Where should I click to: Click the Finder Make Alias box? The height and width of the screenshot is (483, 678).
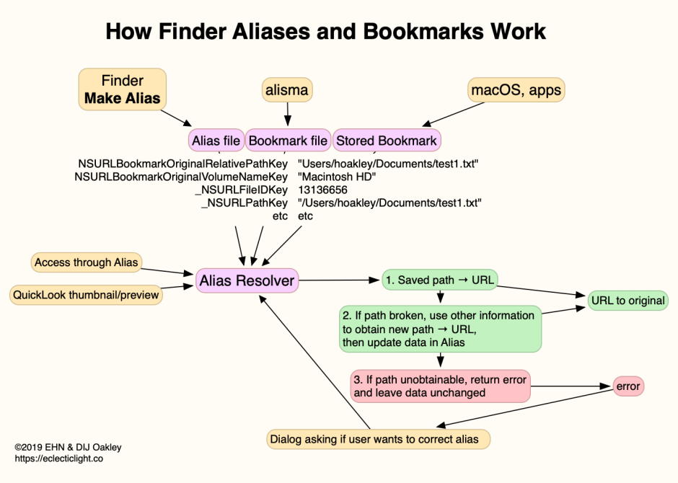point(122,89)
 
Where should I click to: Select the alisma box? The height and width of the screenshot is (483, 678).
point(288,90)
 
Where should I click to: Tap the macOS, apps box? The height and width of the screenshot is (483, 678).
point(516,90)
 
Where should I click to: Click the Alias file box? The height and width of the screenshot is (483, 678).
point(216,141)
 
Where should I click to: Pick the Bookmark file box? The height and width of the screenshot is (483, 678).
point(288,141)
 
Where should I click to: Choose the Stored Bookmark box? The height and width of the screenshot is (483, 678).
point(386,141)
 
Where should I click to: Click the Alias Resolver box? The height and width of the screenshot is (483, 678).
point(247,280)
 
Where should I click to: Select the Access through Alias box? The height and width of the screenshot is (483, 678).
point(86,262)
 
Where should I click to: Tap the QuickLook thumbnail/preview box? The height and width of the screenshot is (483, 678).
point(86,295)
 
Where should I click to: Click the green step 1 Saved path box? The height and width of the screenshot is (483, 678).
point(439,280)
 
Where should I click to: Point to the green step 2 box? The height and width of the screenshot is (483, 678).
point(440,329)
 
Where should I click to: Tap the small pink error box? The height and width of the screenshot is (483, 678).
point(628,386)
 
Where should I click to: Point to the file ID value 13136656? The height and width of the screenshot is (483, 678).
point(322,190)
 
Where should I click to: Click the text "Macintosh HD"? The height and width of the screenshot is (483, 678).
point(337,177)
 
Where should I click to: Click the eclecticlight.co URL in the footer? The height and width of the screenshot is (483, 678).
point(58,458)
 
